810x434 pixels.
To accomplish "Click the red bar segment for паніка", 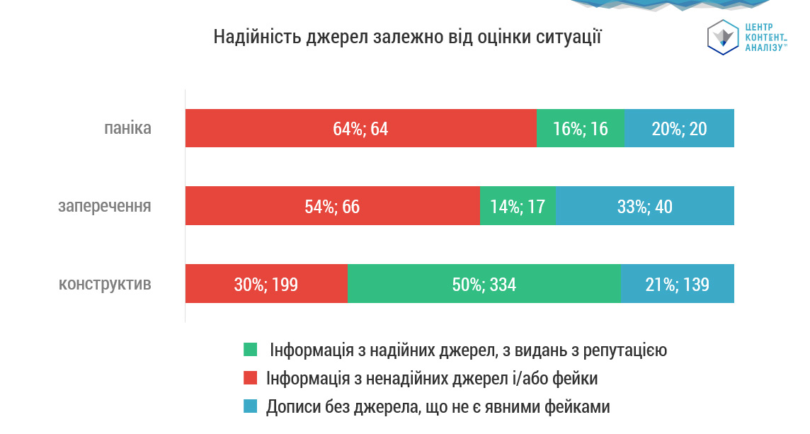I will click(360, 128).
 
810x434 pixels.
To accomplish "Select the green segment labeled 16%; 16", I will click(580, 128).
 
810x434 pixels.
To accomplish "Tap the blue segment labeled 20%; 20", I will click(679, 128).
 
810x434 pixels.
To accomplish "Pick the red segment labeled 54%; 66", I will click(332, 206).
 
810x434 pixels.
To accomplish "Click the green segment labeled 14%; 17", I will click(518, 206).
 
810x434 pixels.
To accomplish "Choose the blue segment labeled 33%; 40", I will click(645, 206).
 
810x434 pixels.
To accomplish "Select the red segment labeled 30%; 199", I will click(266, 284).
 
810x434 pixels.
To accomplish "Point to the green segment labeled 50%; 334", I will click(484, 284).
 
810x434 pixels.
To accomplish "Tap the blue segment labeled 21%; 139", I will click(678, 284).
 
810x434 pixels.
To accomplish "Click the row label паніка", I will click(127, 129).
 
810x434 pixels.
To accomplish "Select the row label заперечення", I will click(105, 207).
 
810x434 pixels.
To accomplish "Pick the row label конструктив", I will click(105, 285).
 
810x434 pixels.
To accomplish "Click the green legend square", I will click(251, 350).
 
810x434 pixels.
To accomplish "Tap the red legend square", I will click(251, 379).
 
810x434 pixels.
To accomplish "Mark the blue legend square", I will click(251, 407).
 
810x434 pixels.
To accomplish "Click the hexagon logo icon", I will click(723, 37).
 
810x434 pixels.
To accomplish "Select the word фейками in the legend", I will click(575, 407).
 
